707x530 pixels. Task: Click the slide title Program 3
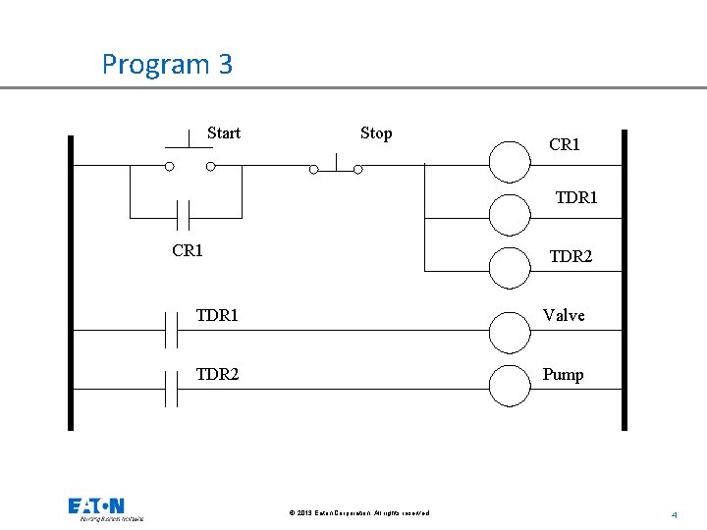tap(167, 65)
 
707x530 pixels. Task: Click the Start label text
tap(223, 133)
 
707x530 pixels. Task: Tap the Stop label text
tap(376, 133)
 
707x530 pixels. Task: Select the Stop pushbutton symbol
tap(336, 164)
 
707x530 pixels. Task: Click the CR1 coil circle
tap(510, 162)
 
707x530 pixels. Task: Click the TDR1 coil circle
tap(510, 214)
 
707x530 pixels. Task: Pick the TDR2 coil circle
tap(510, 268)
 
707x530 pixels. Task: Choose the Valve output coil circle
tap(510, 332)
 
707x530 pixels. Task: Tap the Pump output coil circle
tap(510, 386)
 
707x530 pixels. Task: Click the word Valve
tap(564, 315)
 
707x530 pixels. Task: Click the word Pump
tap(563, 374)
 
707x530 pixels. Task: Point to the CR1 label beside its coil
tap(565, 145)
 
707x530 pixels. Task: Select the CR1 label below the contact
tap(188, 250)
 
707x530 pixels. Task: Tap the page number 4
tap(675, 514)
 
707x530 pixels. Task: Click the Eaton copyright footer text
tap(359, 513)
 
